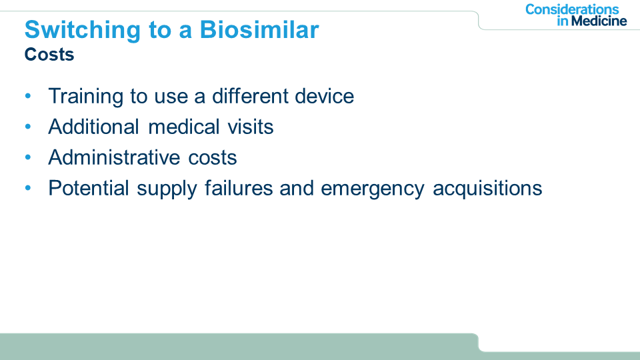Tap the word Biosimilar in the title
pos(259,30)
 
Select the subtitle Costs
pos(49,54)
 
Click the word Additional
pos(94,127)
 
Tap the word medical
pos(184,127)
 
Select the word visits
pos(251,127)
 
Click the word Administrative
pos(114,157)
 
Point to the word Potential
pos(89,188)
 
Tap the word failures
pos(239,188)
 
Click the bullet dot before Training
pos(28,96)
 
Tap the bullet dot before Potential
pos(28,188)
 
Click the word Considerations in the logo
pos(572,9)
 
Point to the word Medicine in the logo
pos(599,21)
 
